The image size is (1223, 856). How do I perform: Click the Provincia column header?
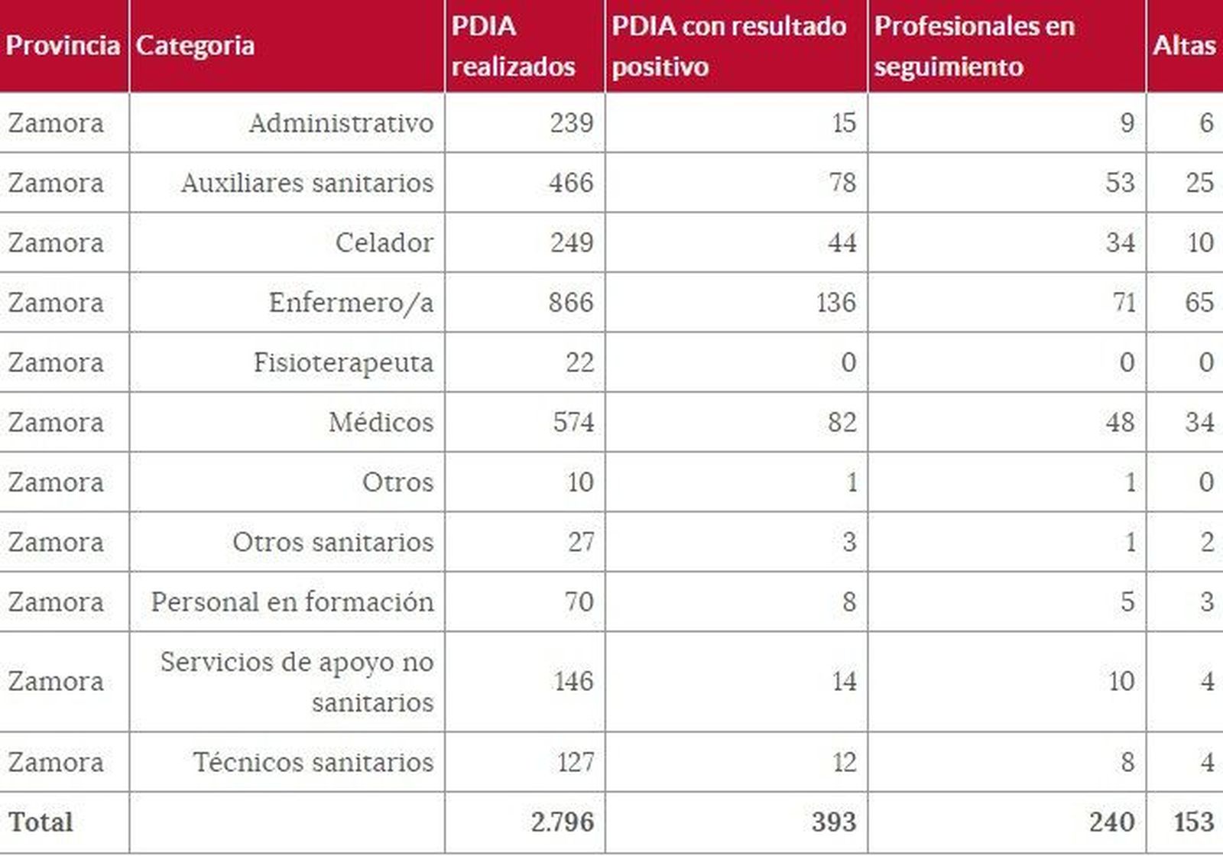click(x=63, y=46)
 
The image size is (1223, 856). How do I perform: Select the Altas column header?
click(x=1184, y=46)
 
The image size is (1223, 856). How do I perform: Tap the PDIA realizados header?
click(x=513, y=46)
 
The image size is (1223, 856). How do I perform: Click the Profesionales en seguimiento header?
click(x=974, y=46)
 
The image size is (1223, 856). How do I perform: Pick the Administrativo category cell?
click(x=341, y=123)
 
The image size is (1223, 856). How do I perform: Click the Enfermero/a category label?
click(x=351, y=303)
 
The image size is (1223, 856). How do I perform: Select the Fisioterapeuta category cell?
click(x=343, y=362)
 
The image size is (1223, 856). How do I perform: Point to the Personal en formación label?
click(x=292, y=602)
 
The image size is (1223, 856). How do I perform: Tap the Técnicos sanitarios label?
click(x=313, y=762)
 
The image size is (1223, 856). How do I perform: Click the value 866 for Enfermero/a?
click(x=570, y=303)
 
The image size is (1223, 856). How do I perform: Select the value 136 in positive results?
click(x=835, y=303)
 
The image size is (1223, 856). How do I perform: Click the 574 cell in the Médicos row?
click(x=573, y=422)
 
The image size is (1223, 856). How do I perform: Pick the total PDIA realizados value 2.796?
click(x=562, y=822)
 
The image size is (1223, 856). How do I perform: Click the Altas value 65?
click(x=1199, y=303)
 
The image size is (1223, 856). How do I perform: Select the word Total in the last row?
click(x=41, y=822)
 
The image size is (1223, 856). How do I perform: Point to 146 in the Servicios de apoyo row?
click(x=573, y=681)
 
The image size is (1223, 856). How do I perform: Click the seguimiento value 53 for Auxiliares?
click(x=1119, y=183)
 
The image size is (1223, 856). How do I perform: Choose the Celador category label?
click(x=384, y=243)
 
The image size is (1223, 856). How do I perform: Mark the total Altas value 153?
click(x=1193, y=822)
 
